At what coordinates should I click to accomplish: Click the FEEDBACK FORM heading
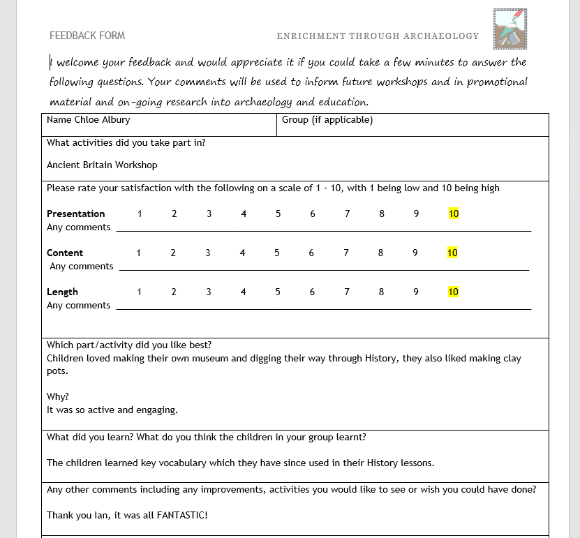click(87, 36)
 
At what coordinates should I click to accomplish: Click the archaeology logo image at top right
click(510, 29)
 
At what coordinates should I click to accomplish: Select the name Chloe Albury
click(102, 120)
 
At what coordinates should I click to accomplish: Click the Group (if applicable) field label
click(327, 120)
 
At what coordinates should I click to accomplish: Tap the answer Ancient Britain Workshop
click(102, 165)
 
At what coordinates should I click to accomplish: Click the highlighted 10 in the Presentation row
click(454, 214)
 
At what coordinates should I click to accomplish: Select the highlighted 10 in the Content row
click(452, 253)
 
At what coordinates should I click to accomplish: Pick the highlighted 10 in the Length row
click(453, 292)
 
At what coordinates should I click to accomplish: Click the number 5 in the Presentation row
click(278, 214)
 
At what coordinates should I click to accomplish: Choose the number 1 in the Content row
click(138, 253)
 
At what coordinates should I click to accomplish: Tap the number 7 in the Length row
click(347, 292)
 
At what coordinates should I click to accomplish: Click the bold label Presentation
click(75, 214)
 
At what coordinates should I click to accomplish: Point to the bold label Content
click(65, 253)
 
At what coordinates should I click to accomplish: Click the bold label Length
click(62, 292)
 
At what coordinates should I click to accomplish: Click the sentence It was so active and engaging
click(112, 410)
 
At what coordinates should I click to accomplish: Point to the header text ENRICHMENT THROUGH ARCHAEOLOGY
click(378, 36)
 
